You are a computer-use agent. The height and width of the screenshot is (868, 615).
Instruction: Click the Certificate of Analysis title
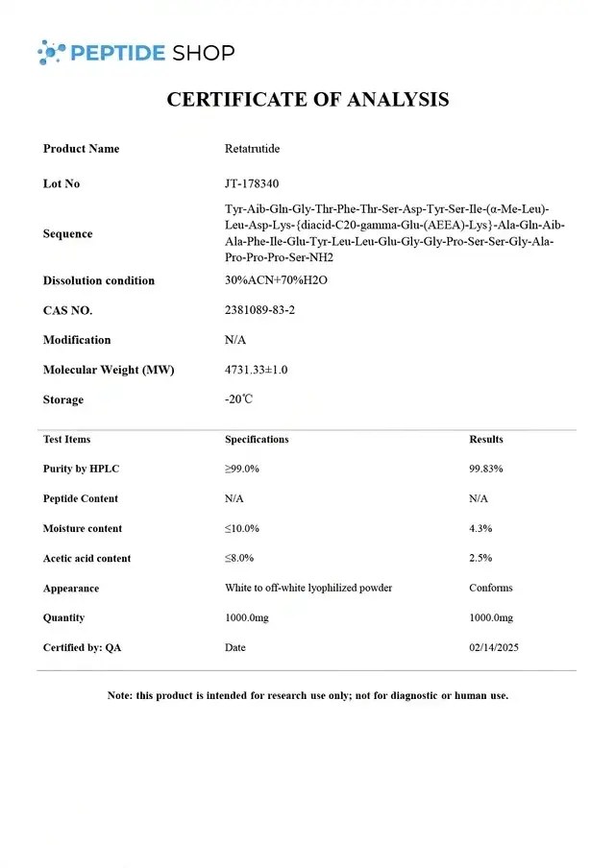click(x=307, y=99)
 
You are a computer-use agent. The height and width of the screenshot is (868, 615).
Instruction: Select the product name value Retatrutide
click(x=252, y=149)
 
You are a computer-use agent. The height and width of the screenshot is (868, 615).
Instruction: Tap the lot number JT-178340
click(x=252, y=183)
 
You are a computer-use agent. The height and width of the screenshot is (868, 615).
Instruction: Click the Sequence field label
click(x=68, y=233)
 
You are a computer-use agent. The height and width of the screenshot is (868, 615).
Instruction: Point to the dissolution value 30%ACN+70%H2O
click(x=276, y=280)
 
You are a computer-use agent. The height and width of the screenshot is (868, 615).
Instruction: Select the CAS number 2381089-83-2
click(x=259, y=310)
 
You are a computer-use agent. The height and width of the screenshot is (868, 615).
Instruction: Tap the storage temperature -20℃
click(x=238, y=399)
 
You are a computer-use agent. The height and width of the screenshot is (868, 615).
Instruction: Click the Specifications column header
click(x=257, y=440)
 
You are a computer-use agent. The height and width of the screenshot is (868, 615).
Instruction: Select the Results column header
click(x=486, y=440)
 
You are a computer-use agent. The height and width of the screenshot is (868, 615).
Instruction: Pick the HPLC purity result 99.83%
click(x=486, y=469)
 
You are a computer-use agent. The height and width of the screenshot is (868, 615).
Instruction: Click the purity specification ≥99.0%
click(x=242, y=469)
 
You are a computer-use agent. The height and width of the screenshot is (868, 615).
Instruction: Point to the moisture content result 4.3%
click(x=480, y=528)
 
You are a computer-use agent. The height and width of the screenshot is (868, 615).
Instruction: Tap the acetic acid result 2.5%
click(x=480, y=558)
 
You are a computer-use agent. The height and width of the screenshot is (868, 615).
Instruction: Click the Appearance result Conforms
click(x=491, y=588)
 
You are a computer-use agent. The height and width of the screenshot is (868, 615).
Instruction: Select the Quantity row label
click(x=63, y=617)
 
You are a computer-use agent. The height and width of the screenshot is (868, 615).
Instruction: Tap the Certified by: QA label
click(x=83, y=648)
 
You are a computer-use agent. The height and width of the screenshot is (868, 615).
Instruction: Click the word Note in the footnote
click(x=119, y=695)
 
